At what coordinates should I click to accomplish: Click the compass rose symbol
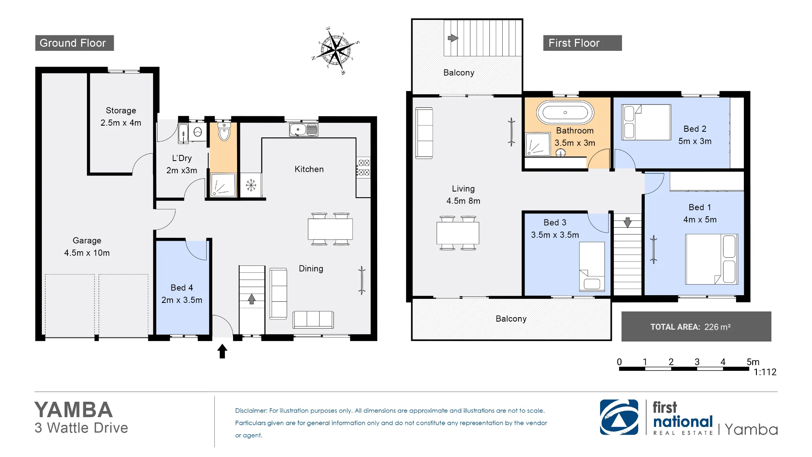pos(336,50)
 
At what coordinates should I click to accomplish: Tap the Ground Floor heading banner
pos(74,43)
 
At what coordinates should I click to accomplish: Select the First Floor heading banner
pos(582,43)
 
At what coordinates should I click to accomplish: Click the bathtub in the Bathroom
pos(565,112)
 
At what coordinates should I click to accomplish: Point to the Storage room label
pos(121,117)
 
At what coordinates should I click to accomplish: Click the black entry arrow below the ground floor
pos(222,351)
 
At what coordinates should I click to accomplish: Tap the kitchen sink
pos(304,130)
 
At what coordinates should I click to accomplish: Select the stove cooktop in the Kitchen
pos(363,168)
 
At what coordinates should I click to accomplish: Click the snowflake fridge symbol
pos(251,185)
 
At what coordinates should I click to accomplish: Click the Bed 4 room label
pos(182,294)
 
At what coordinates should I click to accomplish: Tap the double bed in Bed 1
pos(711,259)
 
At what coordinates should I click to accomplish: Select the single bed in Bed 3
pos(592,266)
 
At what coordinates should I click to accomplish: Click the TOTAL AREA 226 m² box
pos(696,326)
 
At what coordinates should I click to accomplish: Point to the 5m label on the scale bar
pos(753,362)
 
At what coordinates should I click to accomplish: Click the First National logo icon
pos(619,417)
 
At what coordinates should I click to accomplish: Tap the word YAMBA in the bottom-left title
pos(73,410)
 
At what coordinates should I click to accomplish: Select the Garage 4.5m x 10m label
pos(87,247)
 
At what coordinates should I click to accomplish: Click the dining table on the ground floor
pos(330,229)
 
